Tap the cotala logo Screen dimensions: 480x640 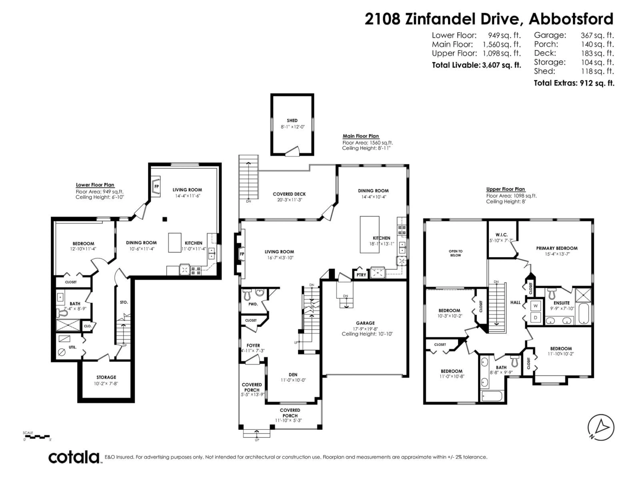click(74, 457)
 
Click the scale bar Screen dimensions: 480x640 click(36, 436)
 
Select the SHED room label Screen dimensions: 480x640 click(292, 120)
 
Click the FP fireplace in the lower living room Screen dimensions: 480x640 click(156, 186)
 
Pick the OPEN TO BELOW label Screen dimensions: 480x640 click(455, 253)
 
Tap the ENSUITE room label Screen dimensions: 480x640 click(561, 303)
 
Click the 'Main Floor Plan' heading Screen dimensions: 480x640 click(360, 136)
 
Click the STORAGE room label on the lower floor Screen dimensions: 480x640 click(106, 377)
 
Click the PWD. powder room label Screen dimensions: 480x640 click(253, 304)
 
